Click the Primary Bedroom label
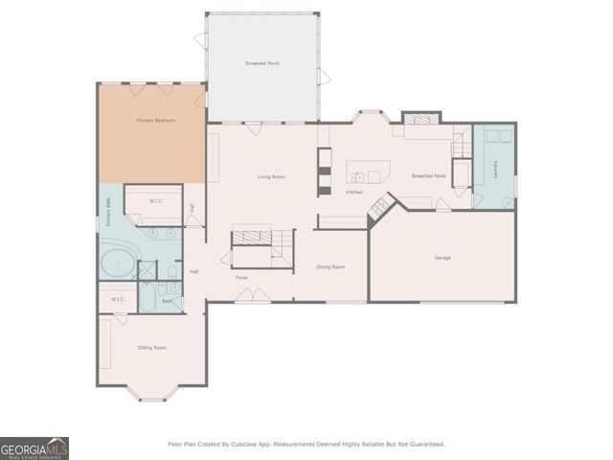tap(155, 120)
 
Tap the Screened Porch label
tap(262, 63)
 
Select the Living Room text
tap(271, 177)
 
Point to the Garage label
tap(442, 258)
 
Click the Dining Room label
tap(330, 266)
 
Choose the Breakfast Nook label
tap(426, 176)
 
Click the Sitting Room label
tap(153, 347)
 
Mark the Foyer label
tap(243, 277)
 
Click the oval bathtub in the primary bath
tap(118, 263)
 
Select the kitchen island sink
tap(356, 176)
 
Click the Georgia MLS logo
tap(34, 448)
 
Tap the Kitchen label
tap(353, 193)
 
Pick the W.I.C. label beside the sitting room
tap(118, 299)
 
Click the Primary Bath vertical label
tap(108, 211)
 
